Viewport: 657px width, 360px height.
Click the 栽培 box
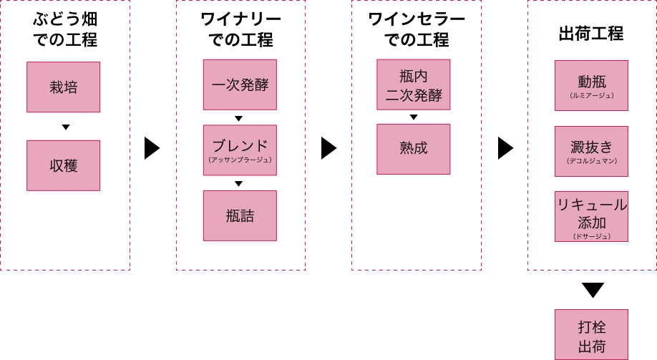(x=63, y=87)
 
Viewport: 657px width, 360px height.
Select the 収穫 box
(x=63, y=165)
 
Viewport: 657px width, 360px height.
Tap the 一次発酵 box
(x=240, y=84)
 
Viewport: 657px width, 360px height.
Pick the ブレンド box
(x=240, y=150)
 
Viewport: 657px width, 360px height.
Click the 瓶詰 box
(x=240, y=216)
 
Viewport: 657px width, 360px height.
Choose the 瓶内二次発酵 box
(x=414, y=84)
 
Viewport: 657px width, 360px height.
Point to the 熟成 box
(x=414, y=149)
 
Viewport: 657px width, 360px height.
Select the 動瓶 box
(x=592, y=85)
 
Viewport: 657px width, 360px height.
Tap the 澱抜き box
(x=592, y=151)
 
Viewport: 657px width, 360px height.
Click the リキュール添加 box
(x=592, y=217)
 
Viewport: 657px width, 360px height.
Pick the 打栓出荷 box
(x=592, y=334)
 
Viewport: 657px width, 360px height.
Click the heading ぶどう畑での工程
(x=65, y=29)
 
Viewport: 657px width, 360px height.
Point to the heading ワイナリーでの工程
(x=241, y=29)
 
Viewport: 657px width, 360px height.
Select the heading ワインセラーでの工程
(x=417, y=29)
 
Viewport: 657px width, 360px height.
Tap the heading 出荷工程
(x=591, y=34)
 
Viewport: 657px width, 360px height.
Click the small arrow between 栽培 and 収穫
(x=66, y=127)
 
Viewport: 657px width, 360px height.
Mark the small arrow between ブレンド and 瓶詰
(x=239, y=183)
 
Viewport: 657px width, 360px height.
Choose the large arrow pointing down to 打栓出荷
(x=593, y=290)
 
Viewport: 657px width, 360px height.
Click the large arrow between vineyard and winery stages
(x=152, y=148)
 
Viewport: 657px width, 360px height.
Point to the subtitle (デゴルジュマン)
(x=592, y=161)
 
